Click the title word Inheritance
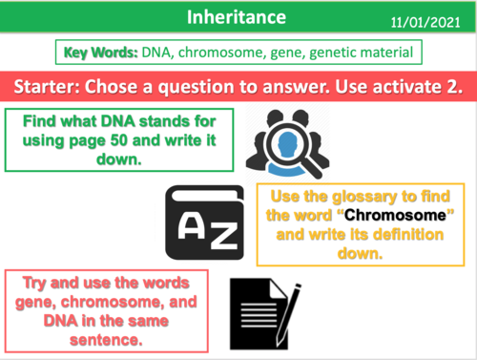[237, 16]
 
